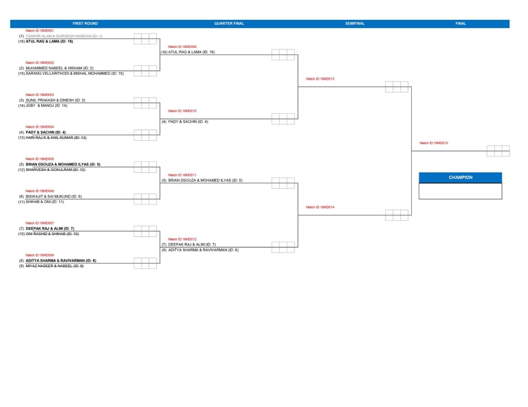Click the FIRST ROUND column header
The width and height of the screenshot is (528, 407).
coord(85,23)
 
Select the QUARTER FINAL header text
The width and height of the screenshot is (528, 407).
coord(229,23)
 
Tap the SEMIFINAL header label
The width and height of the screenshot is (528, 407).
coord(355,23)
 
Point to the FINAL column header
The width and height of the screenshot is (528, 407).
coord(461,23)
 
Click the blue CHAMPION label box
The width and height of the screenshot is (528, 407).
coord(461,177)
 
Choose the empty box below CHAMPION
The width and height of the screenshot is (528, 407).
coord(461,191)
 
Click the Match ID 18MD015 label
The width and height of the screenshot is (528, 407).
coord(434,143)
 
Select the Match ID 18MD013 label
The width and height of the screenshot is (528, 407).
coord(320,79)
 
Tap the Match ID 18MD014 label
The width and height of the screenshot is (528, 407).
coord(320,207)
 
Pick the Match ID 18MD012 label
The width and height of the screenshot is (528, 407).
coord(182,239)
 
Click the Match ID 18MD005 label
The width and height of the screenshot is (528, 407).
coord(40,159)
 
